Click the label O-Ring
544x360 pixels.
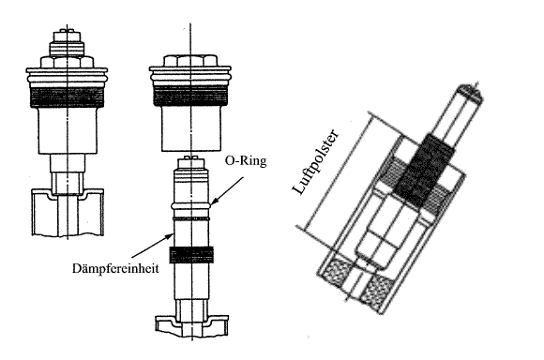246,161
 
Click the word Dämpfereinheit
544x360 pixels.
115,268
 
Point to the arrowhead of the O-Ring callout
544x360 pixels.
214,201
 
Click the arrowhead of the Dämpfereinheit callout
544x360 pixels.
170,235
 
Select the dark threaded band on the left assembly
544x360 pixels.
68,97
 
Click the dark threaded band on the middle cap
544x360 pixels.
190,95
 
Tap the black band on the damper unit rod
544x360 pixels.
191,255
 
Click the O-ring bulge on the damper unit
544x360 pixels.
191,206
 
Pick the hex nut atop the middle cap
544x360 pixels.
190,61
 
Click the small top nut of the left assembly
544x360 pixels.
67,37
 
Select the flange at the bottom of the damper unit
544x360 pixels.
192,325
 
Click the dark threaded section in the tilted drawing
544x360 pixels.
424,170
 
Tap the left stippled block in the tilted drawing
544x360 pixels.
336,273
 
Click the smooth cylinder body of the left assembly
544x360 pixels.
68,130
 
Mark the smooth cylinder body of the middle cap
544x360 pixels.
190,128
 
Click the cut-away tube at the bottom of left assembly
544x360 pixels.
68,212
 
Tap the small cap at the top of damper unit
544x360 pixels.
191,163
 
